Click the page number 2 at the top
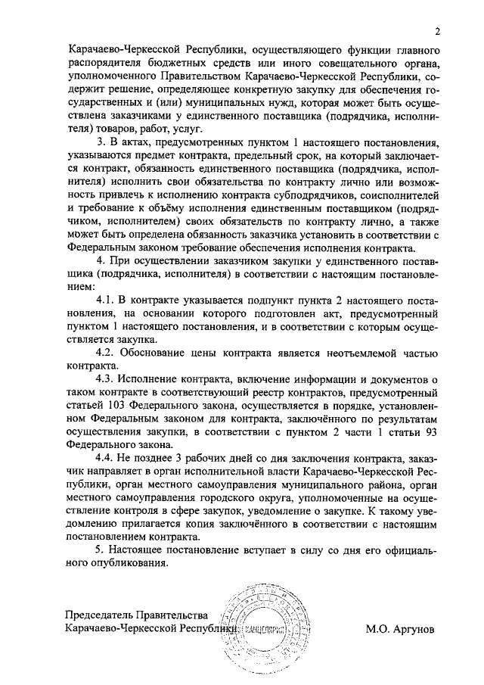point(437,30)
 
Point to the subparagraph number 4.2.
point(104,353)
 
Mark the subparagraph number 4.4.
point(104,459)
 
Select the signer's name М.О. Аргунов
point(401,628)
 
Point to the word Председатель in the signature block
point(101,615)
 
